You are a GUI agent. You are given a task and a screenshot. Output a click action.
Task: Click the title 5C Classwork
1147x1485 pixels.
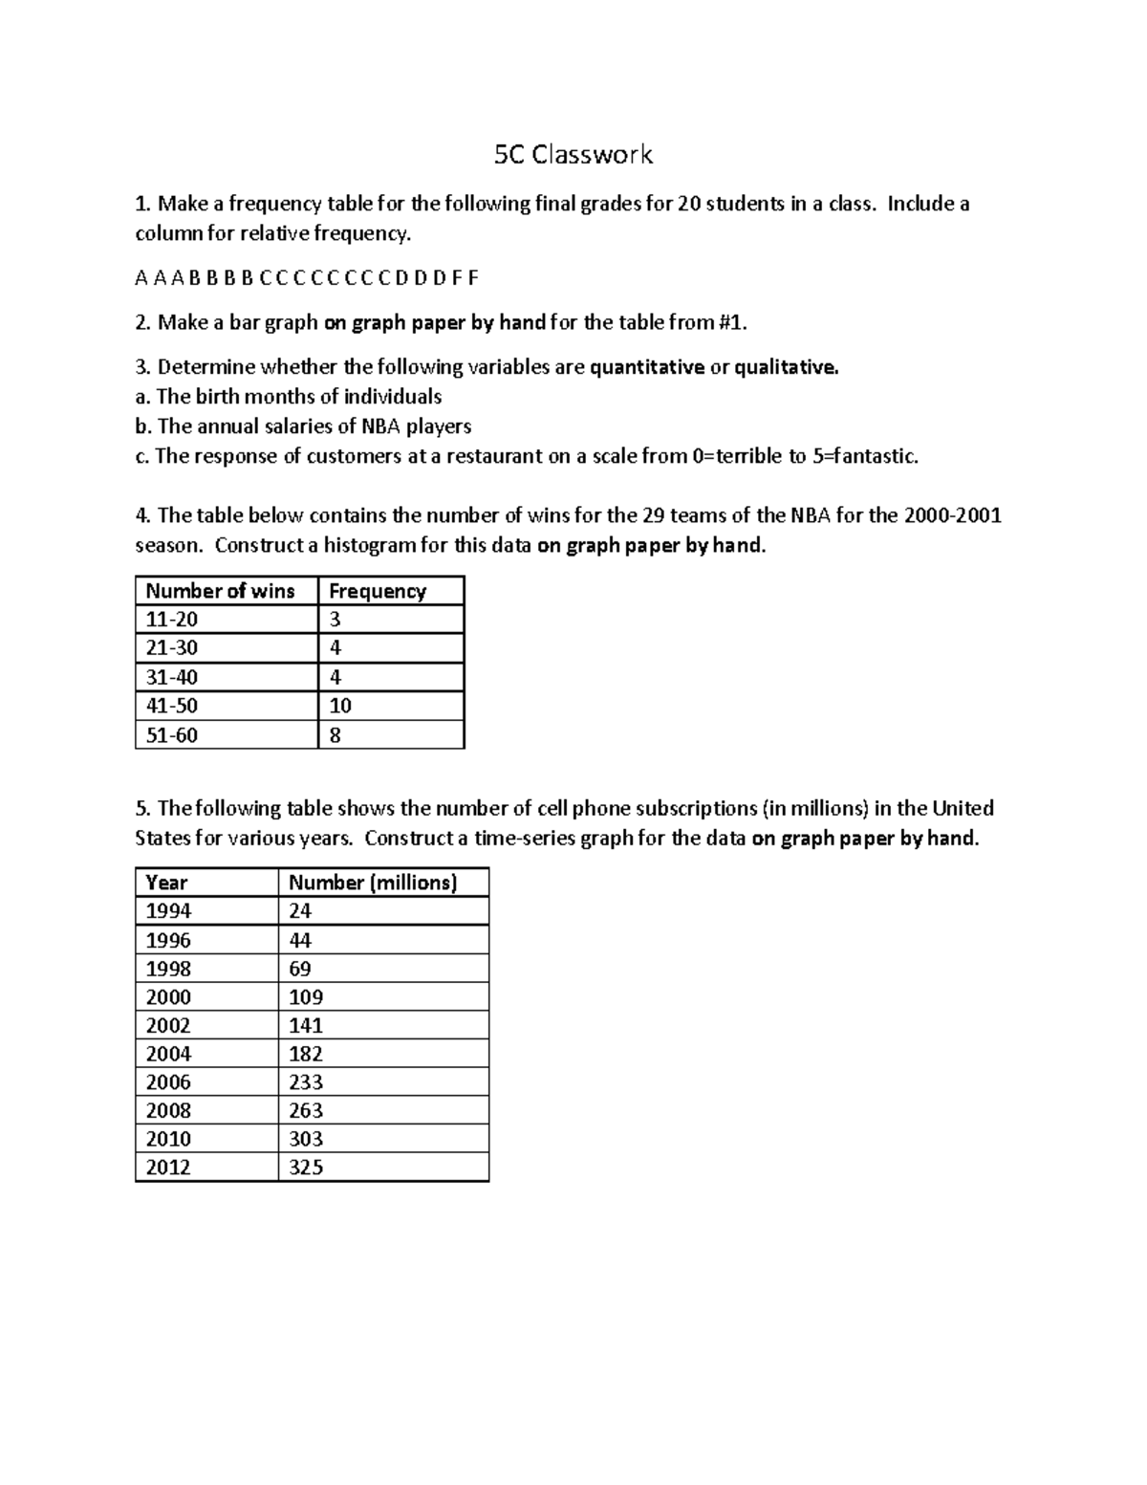coord(573,155)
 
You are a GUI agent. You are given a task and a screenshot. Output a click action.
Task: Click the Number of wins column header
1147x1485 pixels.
coord(220,591)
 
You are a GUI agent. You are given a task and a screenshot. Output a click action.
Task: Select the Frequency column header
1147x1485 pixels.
coord(377,591)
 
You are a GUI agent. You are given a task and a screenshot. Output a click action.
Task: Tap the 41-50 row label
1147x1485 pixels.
coord(171,706)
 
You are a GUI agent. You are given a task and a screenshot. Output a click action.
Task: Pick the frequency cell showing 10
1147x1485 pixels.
coord(340,706)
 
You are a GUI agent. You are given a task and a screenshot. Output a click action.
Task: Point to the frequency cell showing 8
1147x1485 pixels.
coord(335,735)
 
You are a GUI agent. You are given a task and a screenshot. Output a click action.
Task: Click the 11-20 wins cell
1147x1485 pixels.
coord(171,620)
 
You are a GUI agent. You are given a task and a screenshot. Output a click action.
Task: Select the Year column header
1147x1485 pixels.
coord(166,883)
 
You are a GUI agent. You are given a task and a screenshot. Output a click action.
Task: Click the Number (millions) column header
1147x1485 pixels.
coord(373,883)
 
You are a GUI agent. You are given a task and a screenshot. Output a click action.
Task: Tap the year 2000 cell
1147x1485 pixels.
coord(168,996)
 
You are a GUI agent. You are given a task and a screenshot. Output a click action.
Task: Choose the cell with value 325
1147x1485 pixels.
coord(306,1167)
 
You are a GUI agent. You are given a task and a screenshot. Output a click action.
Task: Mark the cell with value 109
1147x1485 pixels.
coord(306,996)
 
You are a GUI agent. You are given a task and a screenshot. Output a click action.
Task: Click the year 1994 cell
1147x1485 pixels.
coord(168,911)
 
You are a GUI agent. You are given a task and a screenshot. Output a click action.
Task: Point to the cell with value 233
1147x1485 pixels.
coord(306,1081)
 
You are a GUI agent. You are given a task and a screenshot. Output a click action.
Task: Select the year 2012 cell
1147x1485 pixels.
coord(168,1167)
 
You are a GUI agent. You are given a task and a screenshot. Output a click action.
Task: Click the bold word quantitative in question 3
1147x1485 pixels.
coord(647,367)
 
